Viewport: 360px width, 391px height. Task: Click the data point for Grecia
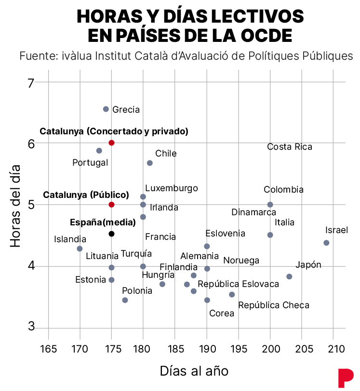point(106,109)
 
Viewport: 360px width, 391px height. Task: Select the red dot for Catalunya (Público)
point(112,205)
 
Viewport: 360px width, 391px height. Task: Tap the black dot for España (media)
point(112,234)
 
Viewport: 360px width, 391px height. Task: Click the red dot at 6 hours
point(112,143)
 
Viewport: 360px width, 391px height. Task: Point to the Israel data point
point(326,243)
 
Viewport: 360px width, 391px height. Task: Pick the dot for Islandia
point(80,248)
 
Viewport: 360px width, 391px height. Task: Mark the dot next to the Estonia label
point(112,280)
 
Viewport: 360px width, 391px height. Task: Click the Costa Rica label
point(290,146)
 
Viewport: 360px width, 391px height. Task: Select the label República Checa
point(274,305)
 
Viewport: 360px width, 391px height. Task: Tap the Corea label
point(222,313)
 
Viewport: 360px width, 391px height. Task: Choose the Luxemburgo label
point(172,188)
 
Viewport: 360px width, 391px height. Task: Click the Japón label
point(308,265)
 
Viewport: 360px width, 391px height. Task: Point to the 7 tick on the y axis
point(30,83)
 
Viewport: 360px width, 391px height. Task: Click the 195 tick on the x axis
point(239,349)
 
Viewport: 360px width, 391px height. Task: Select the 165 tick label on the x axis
point(48,349)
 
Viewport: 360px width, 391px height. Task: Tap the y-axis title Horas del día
point(15,206)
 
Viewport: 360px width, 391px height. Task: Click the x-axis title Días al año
point(194,371)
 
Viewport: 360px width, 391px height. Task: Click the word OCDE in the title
point(266,35)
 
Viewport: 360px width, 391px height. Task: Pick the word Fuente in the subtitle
point(39,56)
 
